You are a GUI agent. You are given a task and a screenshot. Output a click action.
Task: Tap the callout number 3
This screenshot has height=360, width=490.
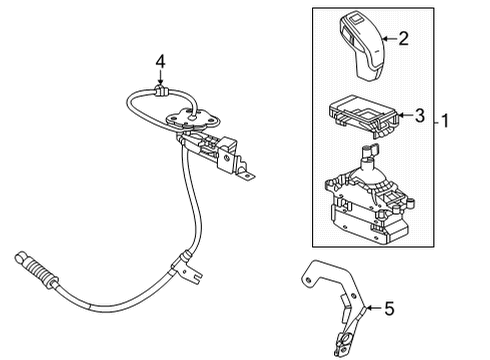coord(420,116)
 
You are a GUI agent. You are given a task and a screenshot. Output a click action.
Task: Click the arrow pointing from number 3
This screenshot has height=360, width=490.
coord(402,116)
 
